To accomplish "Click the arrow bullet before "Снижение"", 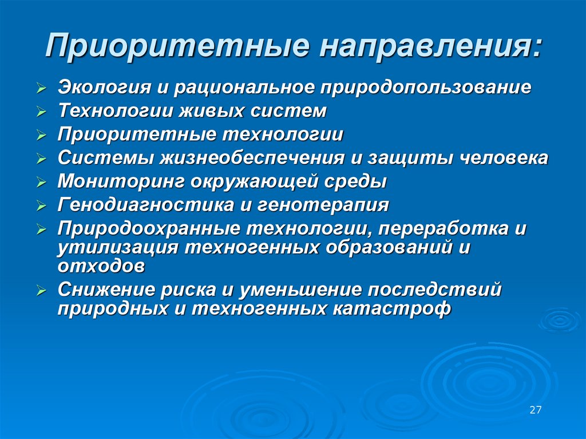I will pos(41,291).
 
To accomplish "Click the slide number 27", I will pos(535,410).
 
